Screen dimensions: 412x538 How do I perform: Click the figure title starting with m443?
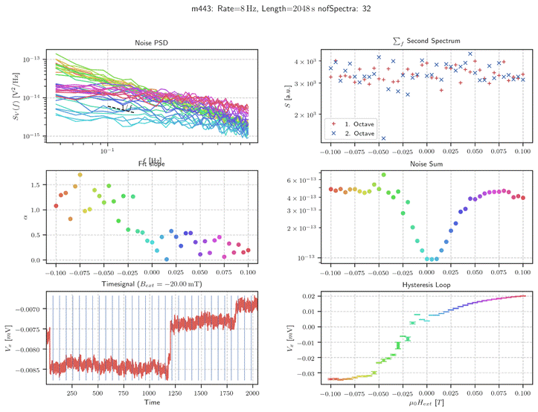point(269,8)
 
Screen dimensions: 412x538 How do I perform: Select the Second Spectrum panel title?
point(426,42)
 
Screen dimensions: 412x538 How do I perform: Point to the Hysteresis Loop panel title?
point(426,285)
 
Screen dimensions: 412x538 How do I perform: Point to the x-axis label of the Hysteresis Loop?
point(426,402)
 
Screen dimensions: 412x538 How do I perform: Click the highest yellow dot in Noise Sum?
point(383,176)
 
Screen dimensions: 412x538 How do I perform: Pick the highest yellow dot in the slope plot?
point(80,176)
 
